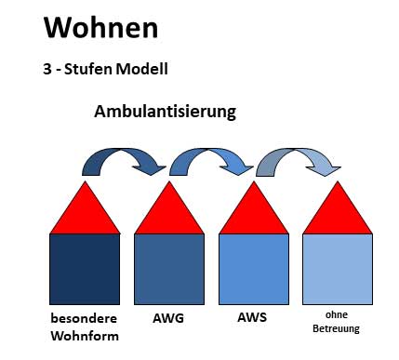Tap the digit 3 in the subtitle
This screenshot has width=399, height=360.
tap(49, 69)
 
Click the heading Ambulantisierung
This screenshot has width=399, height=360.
tap(165, 112)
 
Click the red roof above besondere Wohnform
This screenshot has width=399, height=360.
tap(85, 213)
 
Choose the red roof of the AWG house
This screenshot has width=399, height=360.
tap(169, 213)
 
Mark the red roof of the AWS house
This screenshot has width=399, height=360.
tap(253, 213)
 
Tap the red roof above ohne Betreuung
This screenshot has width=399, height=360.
tap(338, 213)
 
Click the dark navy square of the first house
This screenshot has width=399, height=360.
tap(85, 269)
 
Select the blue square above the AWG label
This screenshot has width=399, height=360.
tap(169, 269)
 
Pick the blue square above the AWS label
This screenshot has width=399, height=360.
tap(253, 269)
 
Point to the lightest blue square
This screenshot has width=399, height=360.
tap(338, 269)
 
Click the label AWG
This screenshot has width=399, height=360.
tap(168, 318)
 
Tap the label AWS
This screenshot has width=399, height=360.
tap(252, 318)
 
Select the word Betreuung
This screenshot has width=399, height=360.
tap(337, 328)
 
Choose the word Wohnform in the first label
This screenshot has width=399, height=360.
tap(85, 336)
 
